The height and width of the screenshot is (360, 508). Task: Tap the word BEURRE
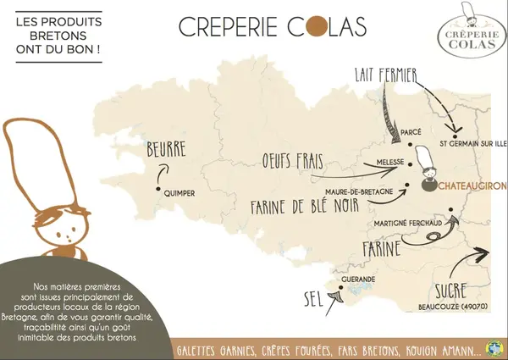click(167, 151)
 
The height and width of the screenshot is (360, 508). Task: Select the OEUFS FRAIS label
click(295, 162)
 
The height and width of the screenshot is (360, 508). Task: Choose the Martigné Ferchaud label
click(407, 223)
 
